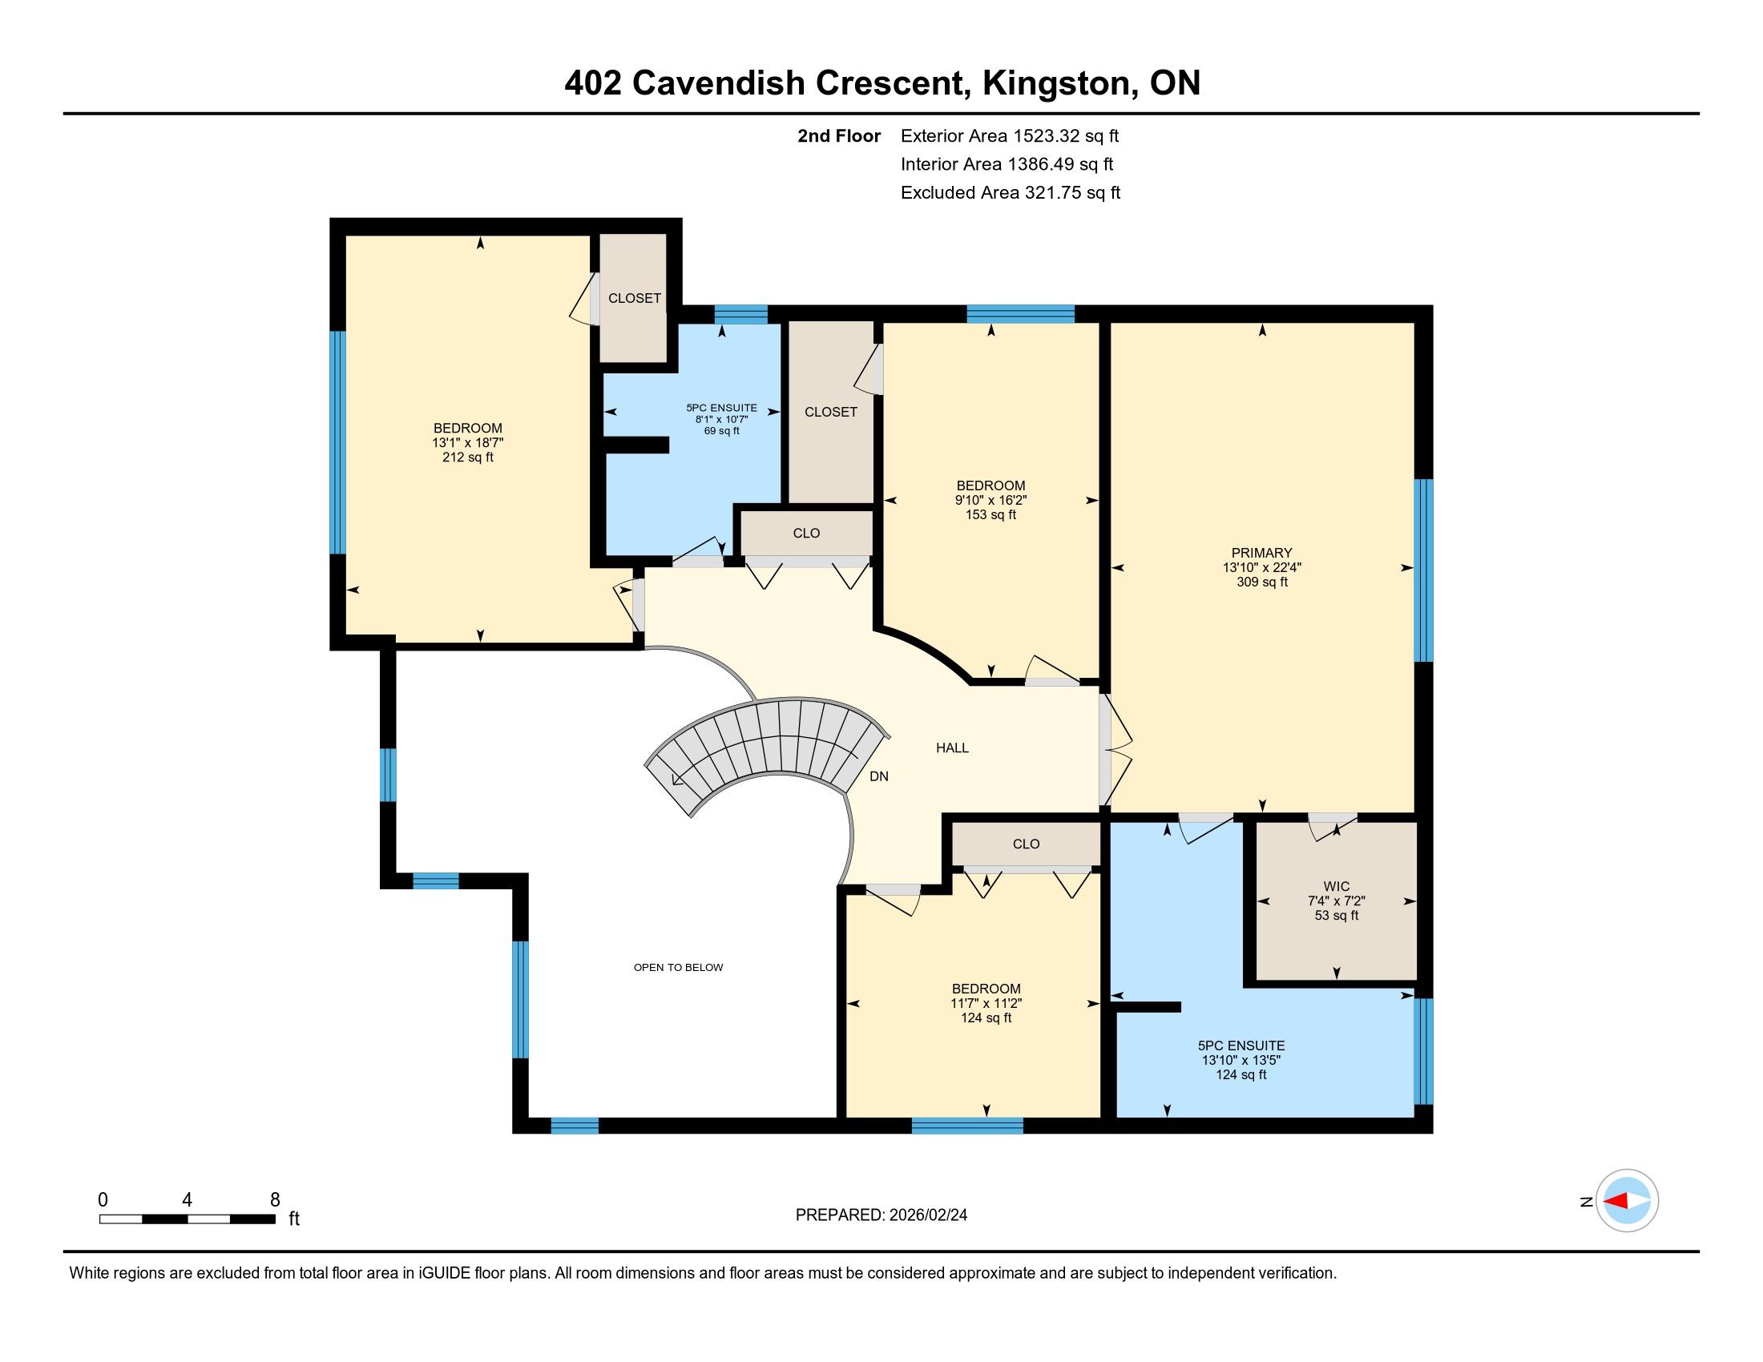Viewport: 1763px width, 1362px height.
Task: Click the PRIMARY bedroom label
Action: [x=1261, y=553]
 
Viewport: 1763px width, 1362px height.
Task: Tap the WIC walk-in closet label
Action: [x=1337, y=886]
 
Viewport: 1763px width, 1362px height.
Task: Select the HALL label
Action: [x=953, y=748]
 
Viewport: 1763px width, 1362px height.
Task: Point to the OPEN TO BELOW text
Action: [x=678, y=968]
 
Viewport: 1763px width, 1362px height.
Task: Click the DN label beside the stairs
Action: [x=879, y=776]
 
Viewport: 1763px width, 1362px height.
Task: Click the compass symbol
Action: [x=1627, y=1201]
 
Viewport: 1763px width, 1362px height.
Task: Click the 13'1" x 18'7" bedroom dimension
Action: [x=468, y=443]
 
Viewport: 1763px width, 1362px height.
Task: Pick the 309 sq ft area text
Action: [x=1261, y=582]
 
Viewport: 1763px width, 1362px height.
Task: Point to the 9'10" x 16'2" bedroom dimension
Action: [x=990, y=500]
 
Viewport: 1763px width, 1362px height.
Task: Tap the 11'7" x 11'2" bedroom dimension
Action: [x=986, y=1003]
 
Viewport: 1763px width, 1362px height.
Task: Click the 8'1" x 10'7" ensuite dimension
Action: [x=722, y=420]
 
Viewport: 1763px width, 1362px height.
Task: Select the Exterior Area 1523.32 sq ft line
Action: [x=1010, y=135]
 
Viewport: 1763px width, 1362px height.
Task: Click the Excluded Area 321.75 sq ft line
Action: [x=1011, y=192]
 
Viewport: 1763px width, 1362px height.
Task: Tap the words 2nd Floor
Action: [x=839, y=135]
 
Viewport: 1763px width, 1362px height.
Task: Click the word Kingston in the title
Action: [x=1055, y=83]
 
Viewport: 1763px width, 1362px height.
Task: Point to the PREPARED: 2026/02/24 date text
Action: [x=881, y=1215]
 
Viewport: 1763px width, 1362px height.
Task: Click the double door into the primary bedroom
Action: [x=1114, y=751]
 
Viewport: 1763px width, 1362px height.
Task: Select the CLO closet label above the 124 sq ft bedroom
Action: [x=1026, y=844]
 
